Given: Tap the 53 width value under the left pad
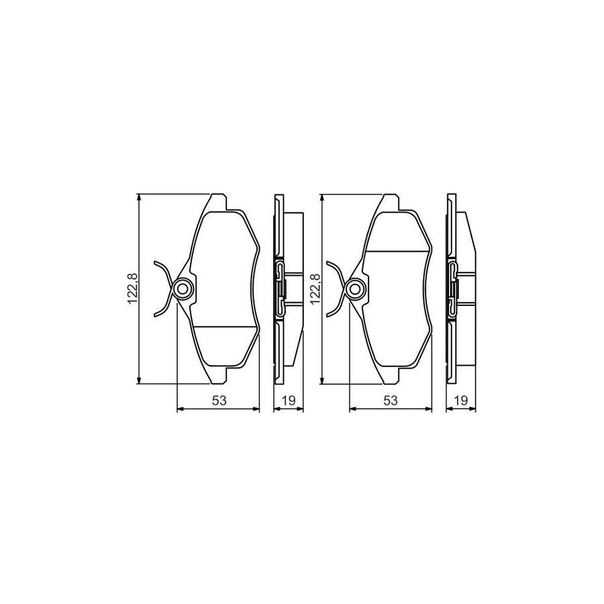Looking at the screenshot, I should (x=218, y=400).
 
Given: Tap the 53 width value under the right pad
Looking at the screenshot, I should (x=391, y=400).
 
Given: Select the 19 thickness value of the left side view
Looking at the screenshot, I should (x=289, y=400).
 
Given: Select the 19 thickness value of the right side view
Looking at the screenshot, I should (x=461, y=400).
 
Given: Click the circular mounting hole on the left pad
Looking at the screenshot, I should (x=182, y=289).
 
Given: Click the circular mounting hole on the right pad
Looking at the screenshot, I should (x=356, y=289).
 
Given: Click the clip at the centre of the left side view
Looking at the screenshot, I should (x=280, y=289).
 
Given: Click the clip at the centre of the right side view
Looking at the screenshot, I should (x=453, y=289).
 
